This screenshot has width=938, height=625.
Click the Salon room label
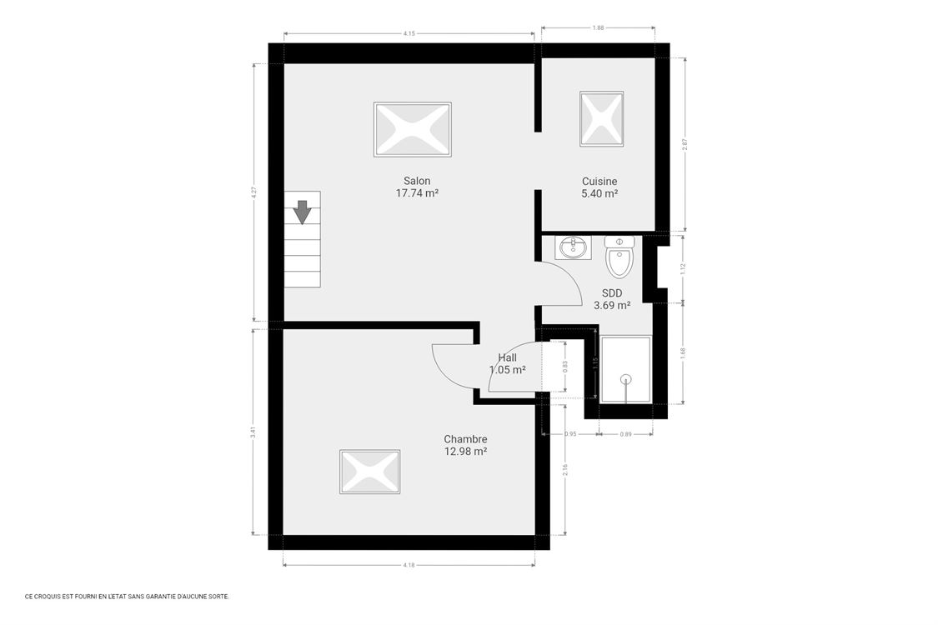pyautogui.click(x=417, y=181)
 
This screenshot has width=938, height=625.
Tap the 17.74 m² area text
pyautogui.click(x=417, y=193)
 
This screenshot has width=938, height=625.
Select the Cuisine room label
pyautogui.click(x=599, y=181)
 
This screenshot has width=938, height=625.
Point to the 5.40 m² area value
pyautogui.click(x=599, y=193)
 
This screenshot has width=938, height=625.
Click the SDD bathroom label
pyautogui.click(x=612, y=293)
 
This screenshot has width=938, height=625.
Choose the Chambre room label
pyautogui.click(x=465, y=439)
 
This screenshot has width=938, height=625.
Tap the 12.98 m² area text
pyautogui.click(x=465, y=452)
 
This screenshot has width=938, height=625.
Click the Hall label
pyautogui.click(x=507, y=357)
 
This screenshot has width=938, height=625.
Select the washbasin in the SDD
pyautogui.click(x=573, y=247)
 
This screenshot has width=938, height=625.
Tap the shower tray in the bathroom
pyautogui.click(x=625, y=369)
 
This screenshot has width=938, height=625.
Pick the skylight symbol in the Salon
pyautogui.click(x=412, y=129)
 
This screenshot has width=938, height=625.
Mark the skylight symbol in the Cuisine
pyautogui.click(x=601, y=119)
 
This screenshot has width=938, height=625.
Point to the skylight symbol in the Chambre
pyautogui.click(x=369, y=472)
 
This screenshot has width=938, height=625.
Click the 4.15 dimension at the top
pyautogui.click(x=409, y=33)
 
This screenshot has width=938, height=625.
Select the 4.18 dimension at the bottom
pyautogui.click(x=409, y=565)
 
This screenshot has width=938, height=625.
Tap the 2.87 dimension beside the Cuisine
pyautogui.click(x=685, y=143)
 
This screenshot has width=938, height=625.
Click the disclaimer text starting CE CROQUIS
pyautogui.click(x=127, y=596)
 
